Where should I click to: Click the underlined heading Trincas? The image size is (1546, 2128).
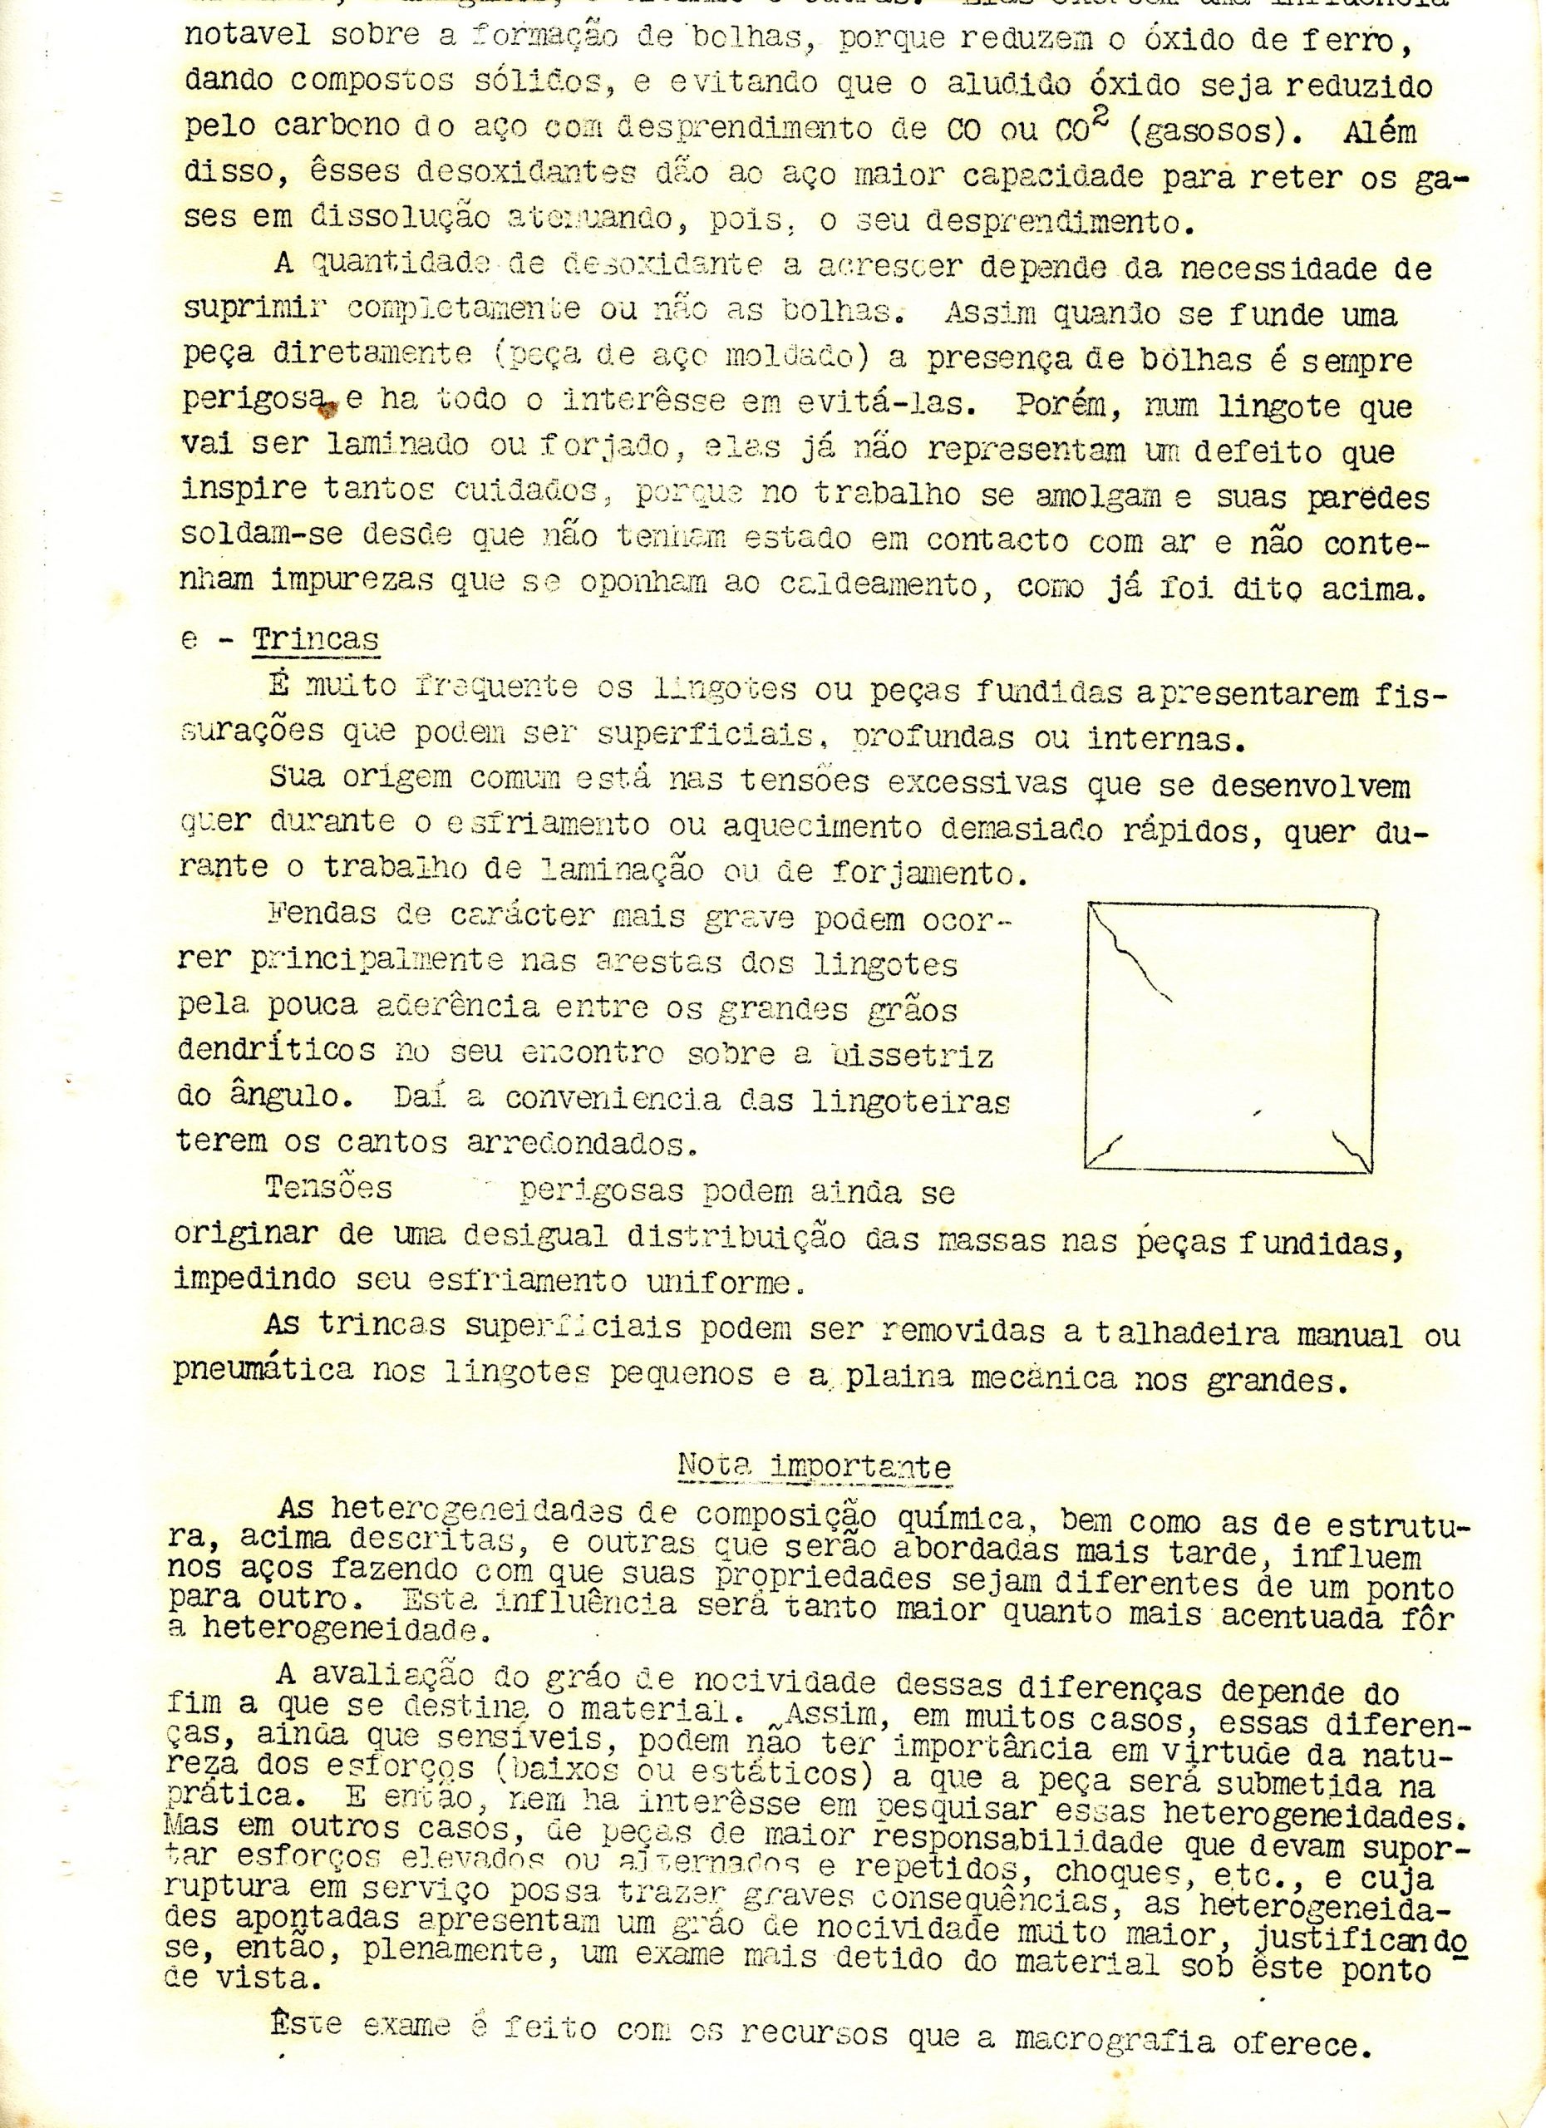coord(315,640)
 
